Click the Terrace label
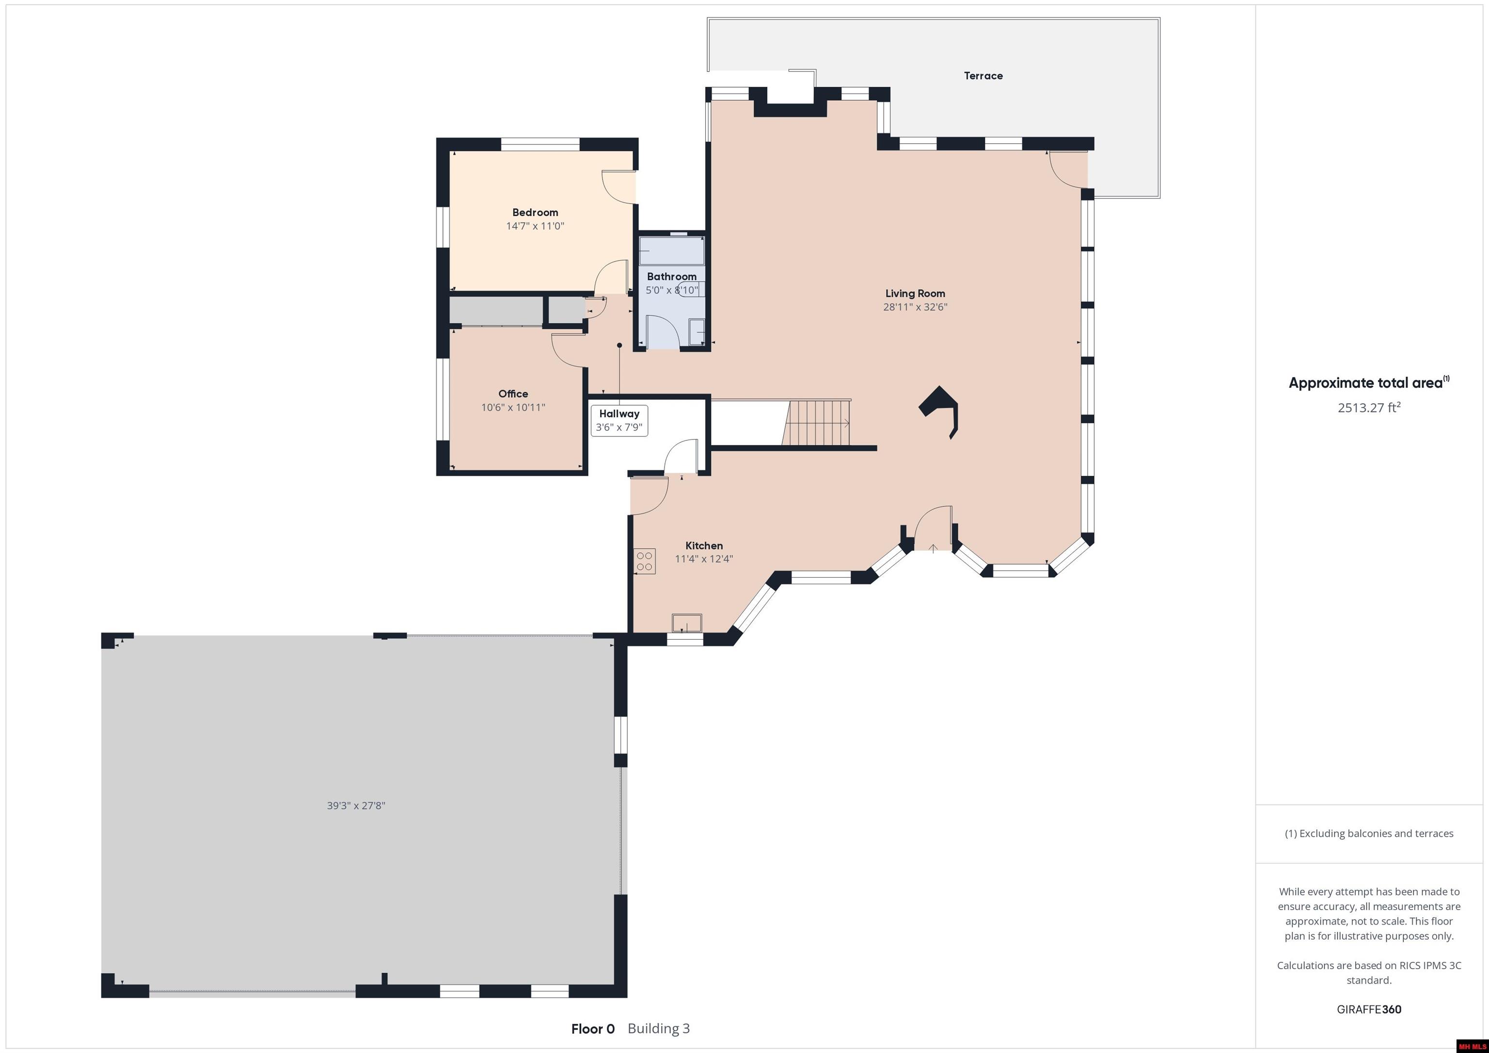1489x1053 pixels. (x=983, y=76)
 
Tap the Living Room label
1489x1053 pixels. (x=915, y=294)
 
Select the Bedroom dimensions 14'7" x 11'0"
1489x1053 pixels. (x=535, y=226)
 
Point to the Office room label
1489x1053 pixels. (x=513, y=393)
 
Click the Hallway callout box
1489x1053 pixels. (x=619, y=420)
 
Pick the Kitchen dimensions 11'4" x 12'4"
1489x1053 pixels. (x=704, y=559)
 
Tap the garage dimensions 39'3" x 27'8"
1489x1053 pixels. (x=356, y=805)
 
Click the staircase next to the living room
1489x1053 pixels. (x=817, y=423)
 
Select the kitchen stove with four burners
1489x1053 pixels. (x=645, y=561)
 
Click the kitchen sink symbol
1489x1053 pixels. (x=687, y=623)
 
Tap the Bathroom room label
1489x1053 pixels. (x=672, y=277)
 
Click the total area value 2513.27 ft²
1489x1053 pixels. (x=1369, y=407)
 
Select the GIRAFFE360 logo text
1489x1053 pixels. (x=1369, y=1009)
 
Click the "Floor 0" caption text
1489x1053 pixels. (x=593, y=1028)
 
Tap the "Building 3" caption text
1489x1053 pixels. (x=659, y=1028)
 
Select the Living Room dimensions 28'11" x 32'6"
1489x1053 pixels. (x=915, y=307)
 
